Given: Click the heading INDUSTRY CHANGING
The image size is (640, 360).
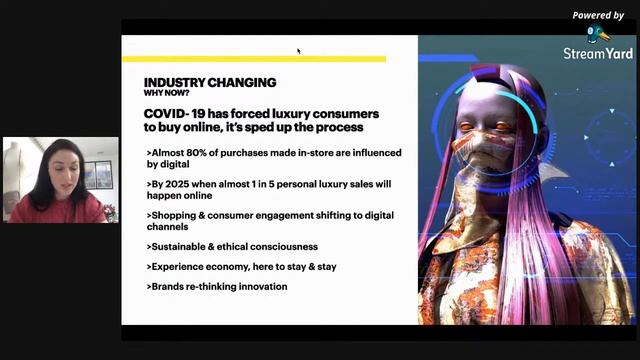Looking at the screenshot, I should tap(210, 82).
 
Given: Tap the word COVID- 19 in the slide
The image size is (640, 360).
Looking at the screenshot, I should tap(175, 115).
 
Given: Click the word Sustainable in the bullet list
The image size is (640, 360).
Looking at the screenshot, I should tap(183, 246).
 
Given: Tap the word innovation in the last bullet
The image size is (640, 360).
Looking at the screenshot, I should tap(260, 287).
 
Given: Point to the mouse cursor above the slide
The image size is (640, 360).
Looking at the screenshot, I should tap(298, 50).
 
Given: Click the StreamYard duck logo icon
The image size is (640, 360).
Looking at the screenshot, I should tap(597, 33).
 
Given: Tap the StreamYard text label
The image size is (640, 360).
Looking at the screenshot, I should tap(597, 52).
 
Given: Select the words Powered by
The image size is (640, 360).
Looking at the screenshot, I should tap(597, 15).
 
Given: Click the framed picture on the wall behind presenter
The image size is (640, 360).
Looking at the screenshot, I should tap(99, 174).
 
